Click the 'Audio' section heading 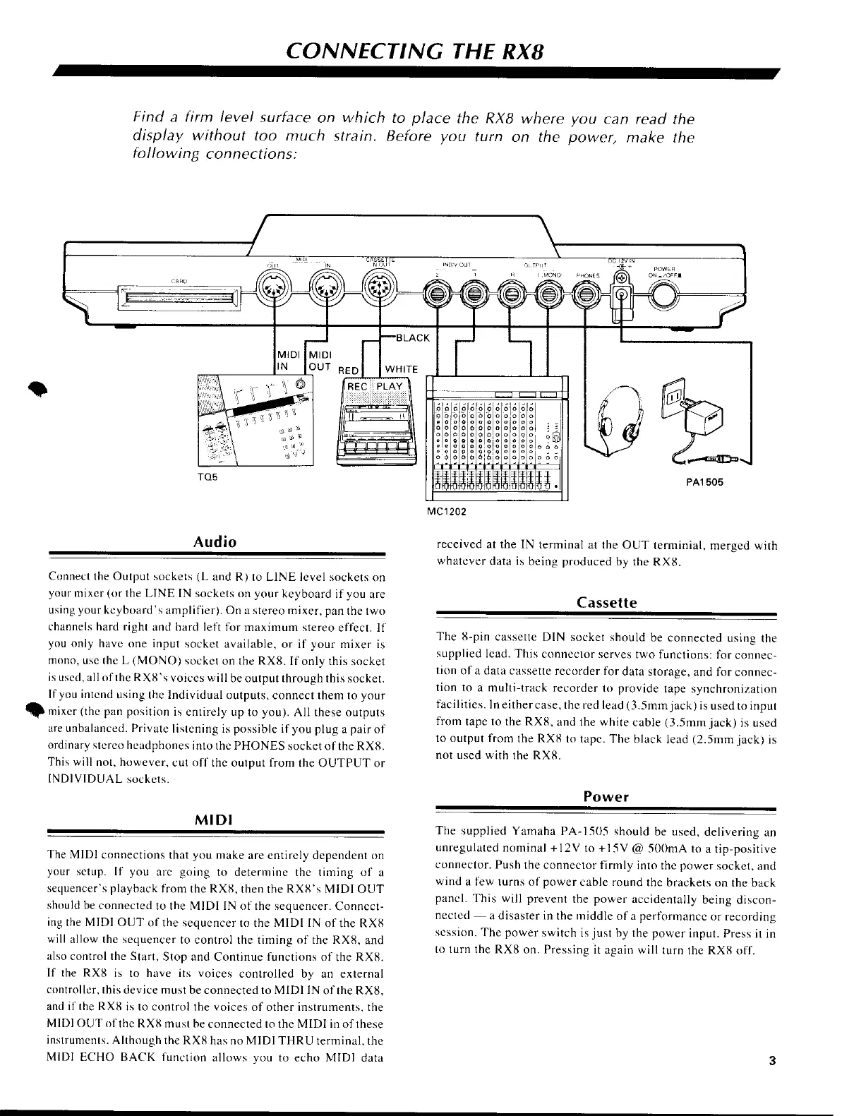coord(215,542)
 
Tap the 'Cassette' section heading coord(606,603)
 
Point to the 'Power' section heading coord(606,796)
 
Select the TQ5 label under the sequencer coord(208,477)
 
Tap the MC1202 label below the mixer coord(447,510)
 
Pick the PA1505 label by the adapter coord(701,483)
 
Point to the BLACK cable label coord(412,338)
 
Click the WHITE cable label coord(402,369)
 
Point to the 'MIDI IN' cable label coord(288,360)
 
